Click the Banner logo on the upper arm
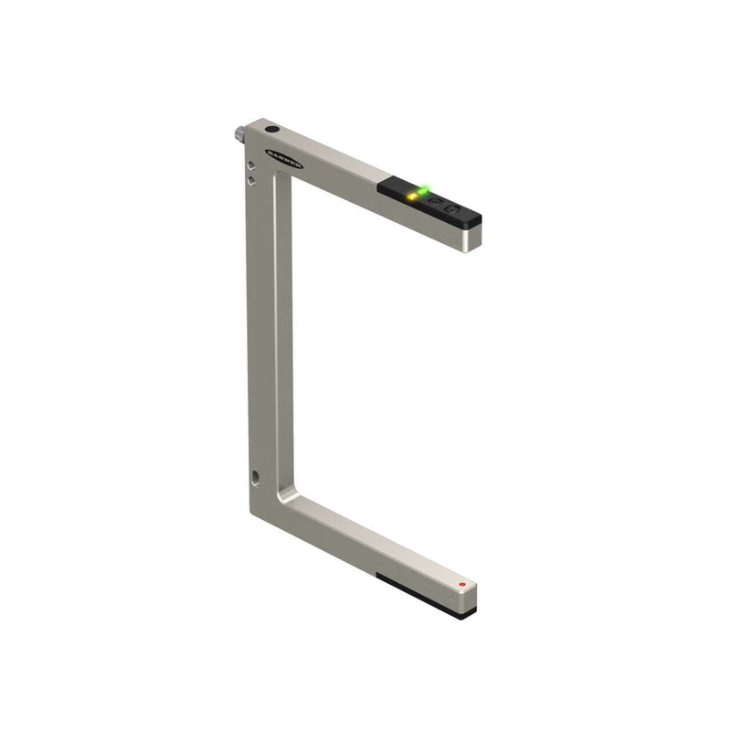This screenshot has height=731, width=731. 283,157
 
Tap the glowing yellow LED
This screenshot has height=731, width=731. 414,196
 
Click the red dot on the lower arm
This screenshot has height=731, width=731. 462,583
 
